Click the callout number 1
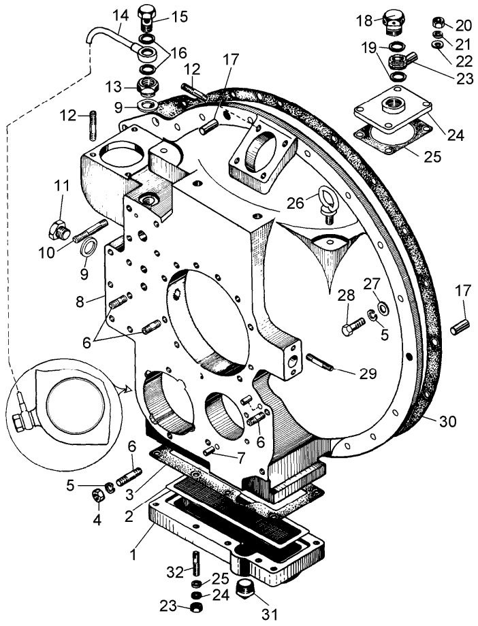point(134,555)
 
